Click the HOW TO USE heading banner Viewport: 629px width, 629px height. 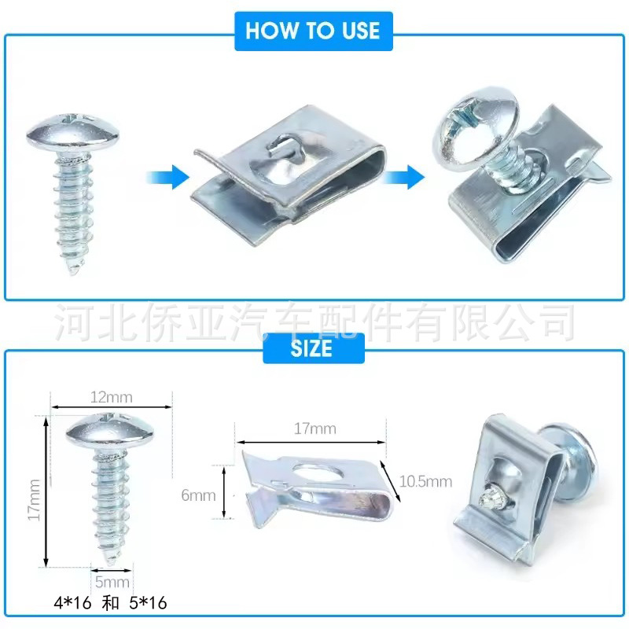point(313,31)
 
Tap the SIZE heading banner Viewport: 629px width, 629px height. point(313,347)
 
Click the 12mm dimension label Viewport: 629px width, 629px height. point(111,397)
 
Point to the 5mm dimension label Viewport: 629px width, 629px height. point(111,583)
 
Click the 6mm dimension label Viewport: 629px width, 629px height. point(198,495)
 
